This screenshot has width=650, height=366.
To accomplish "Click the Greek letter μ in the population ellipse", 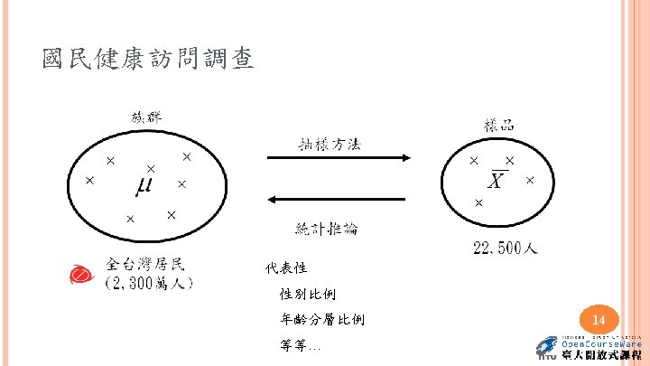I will [x=144, y=186].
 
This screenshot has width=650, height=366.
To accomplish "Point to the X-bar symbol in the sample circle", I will [x=495, y=182].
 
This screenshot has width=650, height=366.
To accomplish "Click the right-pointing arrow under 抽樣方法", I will [x=339, y=158].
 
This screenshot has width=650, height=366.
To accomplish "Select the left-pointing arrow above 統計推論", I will [x=339, y=199].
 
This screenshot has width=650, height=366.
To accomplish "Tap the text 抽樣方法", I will [x=330, y=143].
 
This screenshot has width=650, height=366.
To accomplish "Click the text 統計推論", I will [x=327, y=229].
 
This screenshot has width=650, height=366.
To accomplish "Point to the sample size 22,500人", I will [x=506, y=248].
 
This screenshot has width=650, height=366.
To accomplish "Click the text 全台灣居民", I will [x=145, y=264].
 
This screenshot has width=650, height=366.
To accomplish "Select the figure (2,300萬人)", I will [x=149, y=283].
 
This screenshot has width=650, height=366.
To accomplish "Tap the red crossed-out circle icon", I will [x=80, y=274].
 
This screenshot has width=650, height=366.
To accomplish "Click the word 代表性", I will [x=287, y=268].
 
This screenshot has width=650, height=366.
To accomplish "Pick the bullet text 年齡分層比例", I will [x=322, y=319].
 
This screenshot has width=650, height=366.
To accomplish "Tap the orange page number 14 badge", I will [x=597, y=320].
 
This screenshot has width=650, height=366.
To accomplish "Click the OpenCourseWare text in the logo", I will [x=601, y=344].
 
